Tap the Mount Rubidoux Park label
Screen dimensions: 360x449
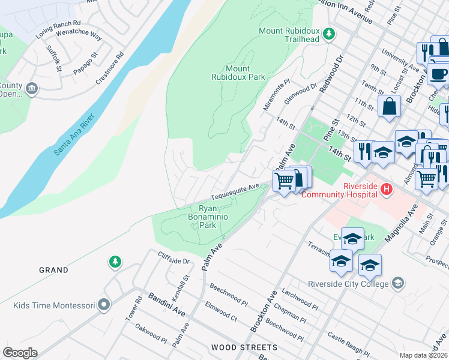click(238, 73)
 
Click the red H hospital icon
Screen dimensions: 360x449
click(387, 190)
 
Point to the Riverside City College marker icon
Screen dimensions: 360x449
click(397, 283)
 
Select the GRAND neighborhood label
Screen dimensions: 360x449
click(53, 270)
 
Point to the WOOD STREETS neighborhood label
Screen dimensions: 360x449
click(244, 347)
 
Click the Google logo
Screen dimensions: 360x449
click(19, 353)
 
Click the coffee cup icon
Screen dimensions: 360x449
click(439, 73)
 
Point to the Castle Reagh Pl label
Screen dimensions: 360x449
click(349, 344)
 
